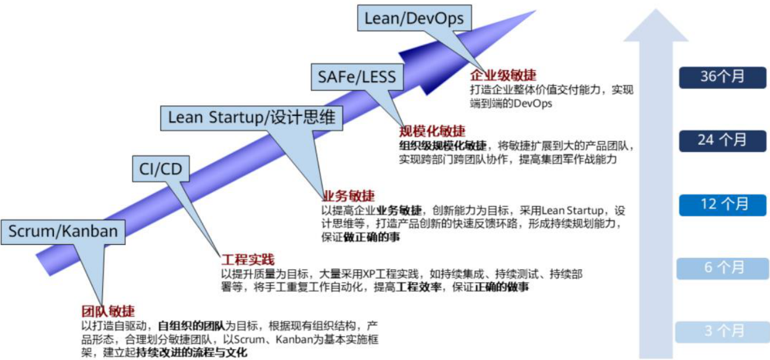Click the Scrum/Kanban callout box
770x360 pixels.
coord(63,231)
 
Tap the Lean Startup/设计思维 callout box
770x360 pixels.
coord(253,117)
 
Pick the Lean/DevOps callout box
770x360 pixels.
coord(414,18)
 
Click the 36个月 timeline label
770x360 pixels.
coord(722,77)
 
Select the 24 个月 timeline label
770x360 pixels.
coord(722,140)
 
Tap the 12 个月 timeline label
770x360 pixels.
coord(722,204)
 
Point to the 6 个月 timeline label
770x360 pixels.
coord(722,267)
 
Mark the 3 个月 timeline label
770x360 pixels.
coord(722,331)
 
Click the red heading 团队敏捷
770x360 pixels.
coord(108,311)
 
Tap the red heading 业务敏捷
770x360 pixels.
coord(349,197)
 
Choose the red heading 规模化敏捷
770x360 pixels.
coord(432,131)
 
